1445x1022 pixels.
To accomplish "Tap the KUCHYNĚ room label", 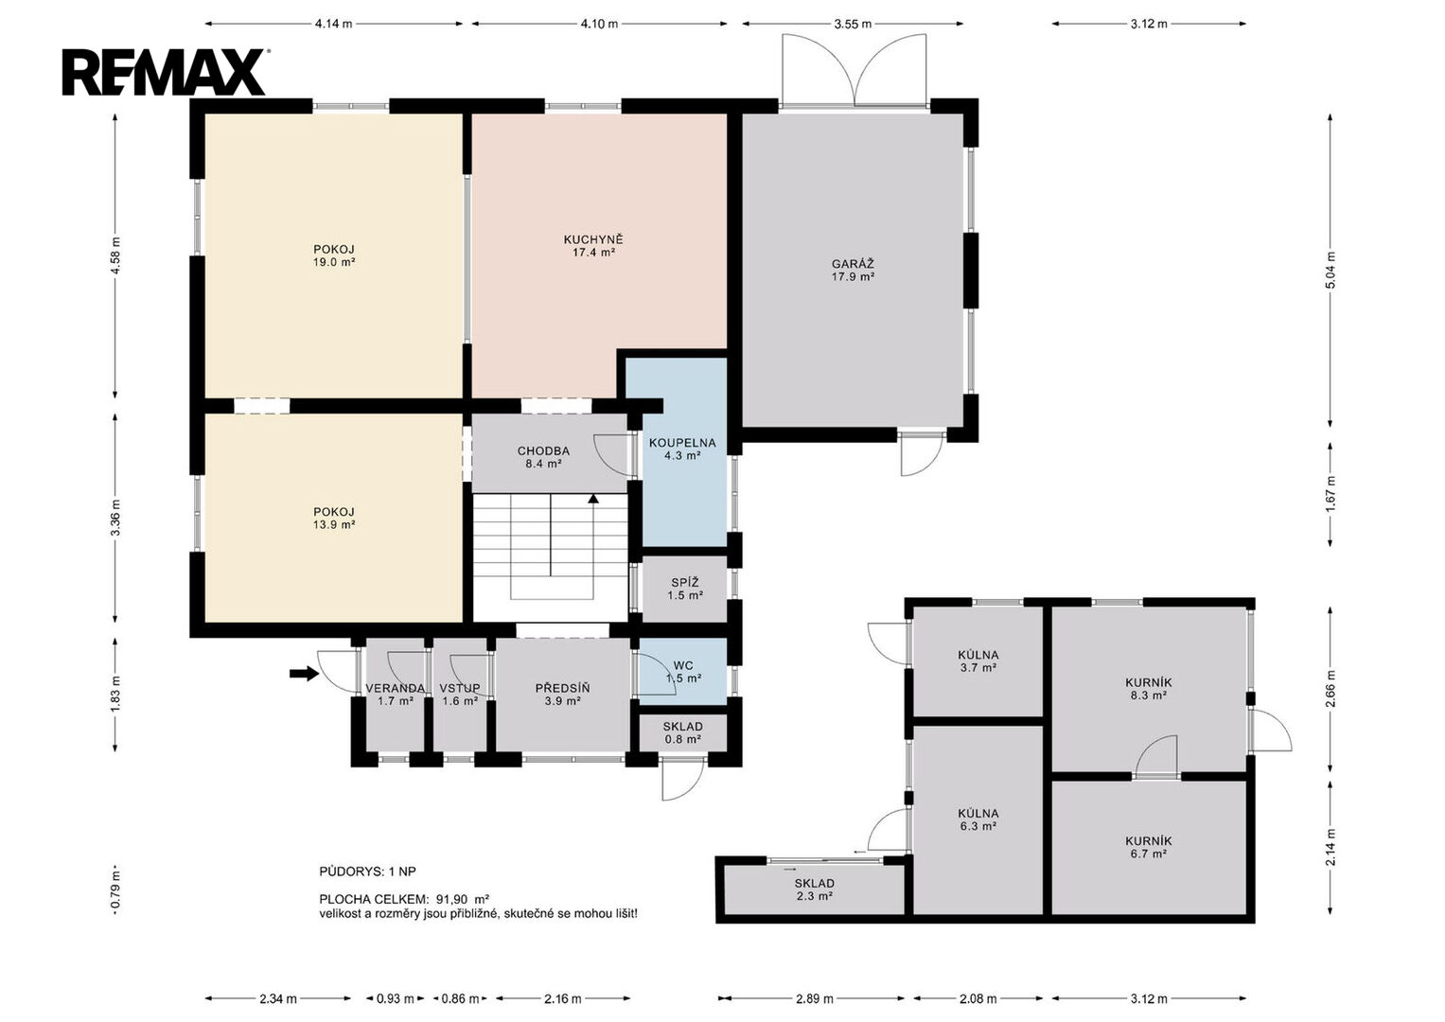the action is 593,239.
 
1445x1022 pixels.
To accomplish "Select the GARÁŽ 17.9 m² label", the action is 853,271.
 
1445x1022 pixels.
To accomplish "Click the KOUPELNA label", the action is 682,443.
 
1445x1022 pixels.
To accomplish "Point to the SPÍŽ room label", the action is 685,583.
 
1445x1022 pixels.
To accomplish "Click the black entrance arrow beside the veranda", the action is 304,674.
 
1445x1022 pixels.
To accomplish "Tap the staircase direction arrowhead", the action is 593,498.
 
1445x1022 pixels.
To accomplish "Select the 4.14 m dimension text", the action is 333,24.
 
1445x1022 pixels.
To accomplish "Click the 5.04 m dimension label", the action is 1330,270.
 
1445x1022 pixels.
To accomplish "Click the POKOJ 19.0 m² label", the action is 334,255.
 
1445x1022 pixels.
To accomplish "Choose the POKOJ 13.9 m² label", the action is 334,519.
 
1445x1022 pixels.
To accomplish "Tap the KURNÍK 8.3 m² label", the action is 1148,689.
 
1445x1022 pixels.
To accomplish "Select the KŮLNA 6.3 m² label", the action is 978,819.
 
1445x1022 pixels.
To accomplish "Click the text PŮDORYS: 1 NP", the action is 368,871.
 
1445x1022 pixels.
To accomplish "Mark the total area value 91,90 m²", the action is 463,899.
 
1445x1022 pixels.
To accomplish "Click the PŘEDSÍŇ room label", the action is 562,688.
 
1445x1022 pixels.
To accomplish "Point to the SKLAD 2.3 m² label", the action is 814,890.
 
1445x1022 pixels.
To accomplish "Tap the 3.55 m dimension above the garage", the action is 853,24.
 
